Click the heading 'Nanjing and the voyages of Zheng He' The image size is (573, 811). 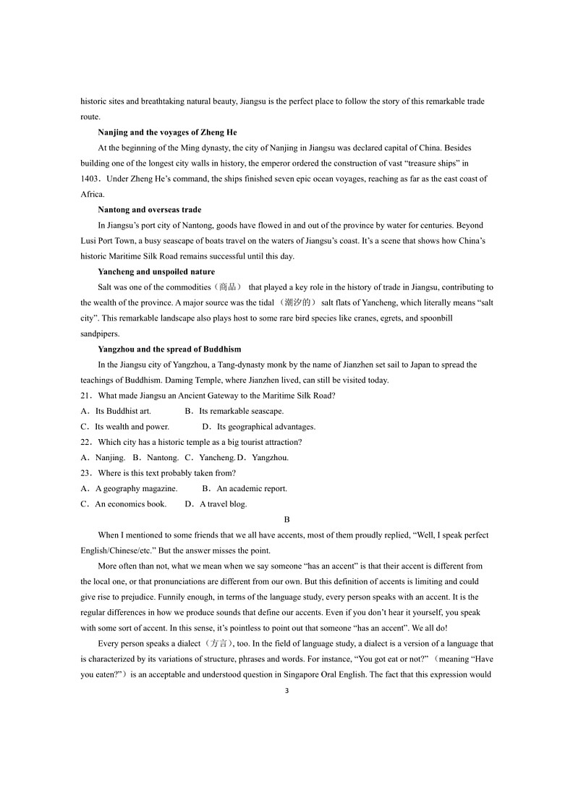[x=167, y=132]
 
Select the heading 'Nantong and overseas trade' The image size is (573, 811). [x=150, y=210]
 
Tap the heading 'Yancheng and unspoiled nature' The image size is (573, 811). [x=156, y=272]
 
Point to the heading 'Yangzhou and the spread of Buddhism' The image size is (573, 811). [x=169, y=349]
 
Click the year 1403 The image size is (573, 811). [x=89, y=179]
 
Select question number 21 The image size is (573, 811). [x=87, y=396]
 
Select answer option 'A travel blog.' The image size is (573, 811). [x=223, y=504]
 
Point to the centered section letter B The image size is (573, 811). [x=286, y=519]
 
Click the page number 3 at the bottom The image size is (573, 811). [x=286, y=691]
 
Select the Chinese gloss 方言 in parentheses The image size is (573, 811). [x=217, y=644]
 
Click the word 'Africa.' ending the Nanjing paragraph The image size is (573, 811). [x=93, y=194]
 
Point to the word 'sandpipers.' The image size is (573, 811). [x=98, y=334]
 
